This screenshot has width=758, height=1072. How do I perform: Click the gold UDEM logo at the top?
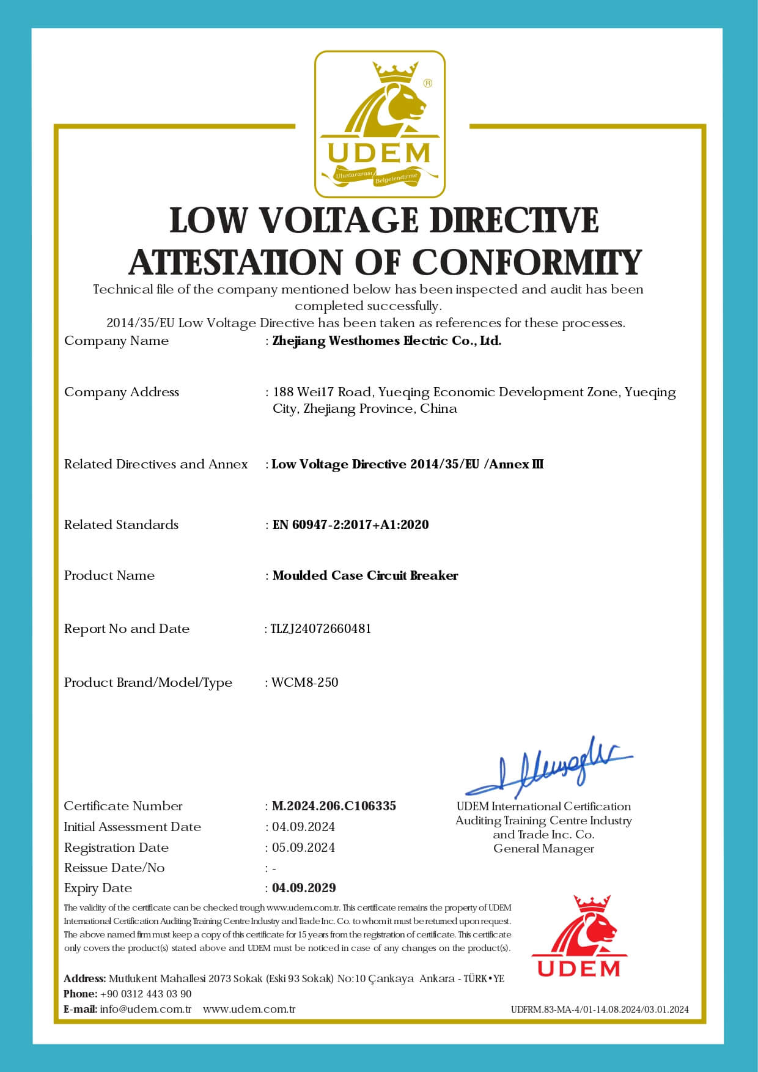pos(380,124)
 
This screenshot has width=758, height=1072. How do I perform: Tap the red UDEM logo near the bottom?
pos(578,936)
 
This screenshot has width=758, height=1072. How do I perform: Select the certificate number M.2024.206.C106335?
pos(334,806)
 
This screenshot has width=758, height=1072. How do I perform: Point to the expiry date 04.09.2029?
pos(304,887)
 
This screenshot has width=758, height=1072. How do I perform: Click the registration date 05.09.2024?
pos(303,848)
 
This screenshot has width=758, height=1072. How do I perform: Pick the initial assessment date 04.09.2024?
pos(303,827)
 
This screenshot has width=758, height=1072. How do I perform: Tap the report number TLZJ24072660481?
pos(320,629)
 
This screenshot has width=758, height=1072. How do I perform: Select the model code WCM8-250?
pos(305,682)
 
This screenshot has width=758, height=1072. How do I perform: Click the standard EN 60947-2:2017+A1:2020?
pos(350,525)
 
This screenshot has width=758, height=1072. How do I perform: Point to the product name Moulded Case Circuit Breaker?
pos(365,575)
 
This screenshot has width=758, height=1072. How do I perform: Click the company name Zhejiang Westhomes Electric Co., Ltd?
pos(386,341)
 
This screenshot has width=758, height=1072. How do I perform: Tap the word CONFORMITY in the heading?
pos(527,262)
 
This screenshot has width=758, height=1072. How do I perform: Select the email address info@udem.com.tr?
pos(145,1009)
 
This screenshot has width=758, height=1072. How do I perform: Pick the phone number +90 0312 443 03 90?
pos(145,994)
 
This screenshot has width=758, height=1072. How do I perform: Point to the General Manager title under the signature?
pos(543,849)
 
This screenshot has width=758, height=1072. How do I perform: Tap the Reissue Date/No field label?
pos(114,868)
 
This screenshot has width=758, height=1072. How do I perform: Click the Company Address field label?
pos(122,392)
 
